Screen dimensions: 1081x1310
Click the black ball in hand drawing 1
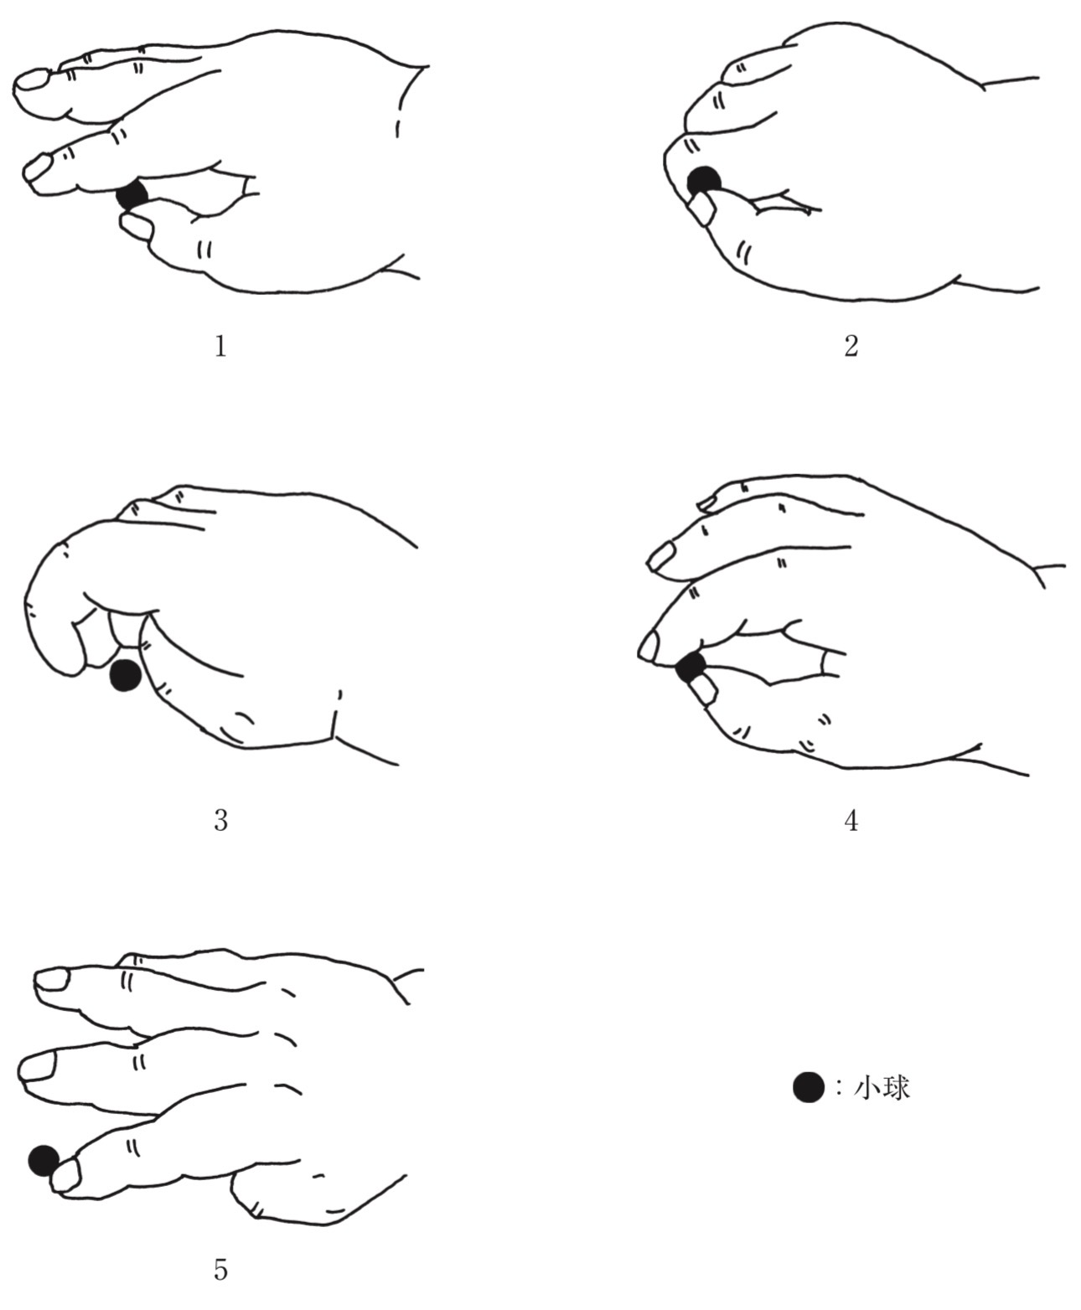click(x=132, y=195)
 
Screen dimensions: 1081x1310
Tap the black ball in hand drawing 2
click(x=705, y=182)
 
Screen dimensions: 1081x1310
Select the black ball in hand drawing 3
click(x=125, y=675)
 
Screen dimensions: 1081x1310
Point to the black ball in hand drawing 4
click(x=692, y=667)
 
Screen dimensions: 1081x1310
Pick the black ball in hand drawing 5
click(x=44, y=1161)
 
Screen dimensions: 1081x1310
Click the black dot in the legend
click(x=808, y=1087)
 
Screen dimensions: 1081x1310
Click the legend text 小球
click(x=882, y=1088)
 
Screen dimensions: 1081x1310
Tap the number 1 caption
click(x=220, y=346)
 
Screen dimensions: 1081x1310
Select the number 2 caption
click(x=851, y=346)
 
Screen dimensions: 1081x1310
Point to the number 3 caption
click(x=220, y=820)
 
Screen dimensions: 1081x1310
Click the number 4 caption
click(x=851, y=820)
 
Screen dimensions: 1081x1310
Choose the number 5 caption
click(x=220, y=1252)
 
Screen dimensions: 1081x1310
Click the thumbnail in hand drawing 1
click(x=137, y=226)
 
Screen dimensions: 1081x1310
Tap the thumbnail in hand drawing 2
click(x=702, y=209)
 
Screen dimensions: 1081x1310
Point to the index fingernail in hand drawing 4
click(x=649, y=647)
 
